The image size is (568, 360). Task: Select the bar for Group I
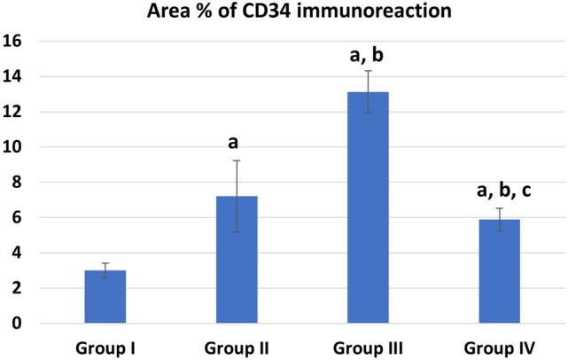tap(105, 297)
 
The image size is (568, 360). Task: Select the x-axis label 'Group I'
tap(105, 347)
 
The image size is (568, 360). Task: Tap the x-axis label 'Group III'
tap(368, 347)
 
